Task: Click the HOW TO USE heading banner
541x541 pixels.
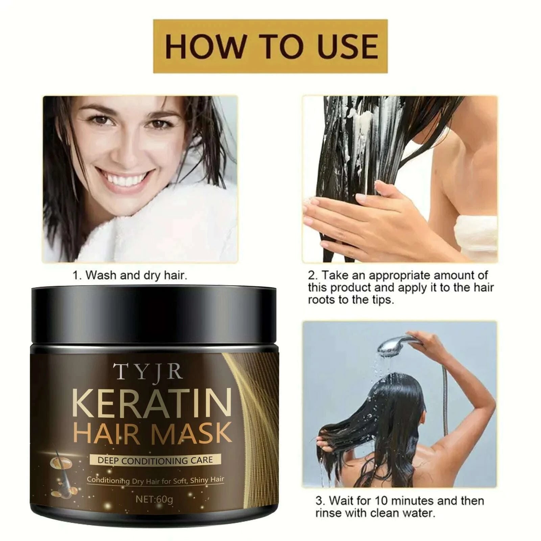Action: pos(270,46)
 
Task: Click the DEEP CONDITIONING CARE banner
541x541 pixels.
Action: pos(155,460)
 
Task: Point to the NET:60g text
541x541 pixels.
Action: pos(154,499)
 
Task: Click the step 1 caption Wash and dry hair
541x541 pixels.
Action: pos(130,275)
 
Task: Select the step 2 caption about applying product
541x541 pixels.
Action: pos(401,287)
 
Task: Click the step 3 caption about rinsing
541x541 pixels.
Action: pos(400,507)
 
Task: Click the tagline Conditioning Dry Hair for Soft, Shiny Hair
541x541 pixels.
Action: pos(155,480)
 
